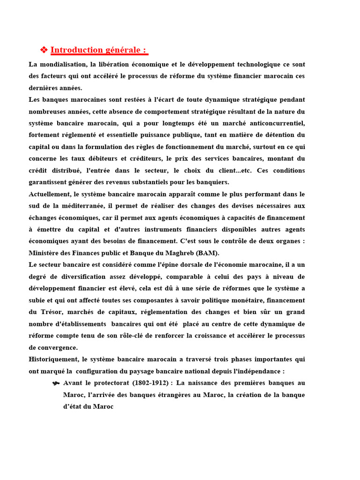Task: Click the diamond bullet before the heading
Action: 44,50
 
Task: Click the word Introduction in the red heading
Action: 76,50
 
